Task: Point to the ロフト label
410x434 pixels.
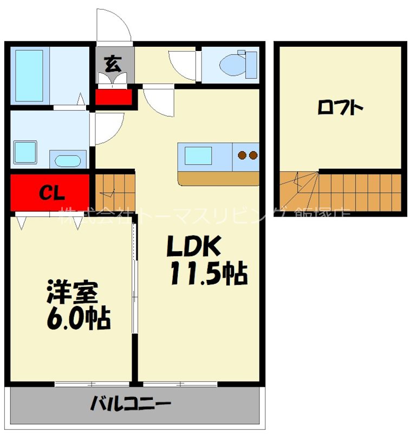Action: (340, 108)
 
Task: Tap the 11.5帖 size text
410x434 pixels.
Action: (208, 273)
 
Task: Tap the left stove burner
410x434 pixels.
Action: (242, 156)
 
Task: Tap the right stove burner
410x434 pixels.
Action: (252, 156)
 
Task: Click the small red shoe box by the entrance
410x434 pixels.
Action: (114, 97)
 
